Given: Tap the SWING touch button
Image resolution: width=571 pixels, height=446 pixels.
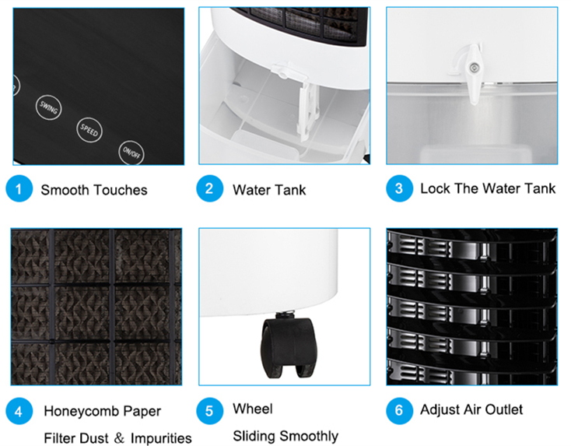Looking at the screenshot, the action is click(48, 107).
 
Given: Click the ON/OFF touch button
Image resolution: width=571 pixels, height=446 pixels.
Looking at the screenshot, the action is click(131, 153).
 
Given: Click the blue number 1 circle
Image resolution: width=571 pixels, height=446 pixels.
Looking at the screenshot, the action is click(19, 188).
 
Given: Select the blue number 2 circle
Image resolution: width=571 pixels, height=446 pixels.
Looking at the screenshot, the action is click(209, 188).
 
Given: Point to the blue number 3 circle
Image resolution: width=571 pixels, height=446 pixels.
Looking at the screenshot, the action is click(400, 188).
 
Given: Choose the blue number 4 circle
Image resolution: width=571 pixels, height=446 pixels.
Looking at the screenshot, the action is click(19, 411).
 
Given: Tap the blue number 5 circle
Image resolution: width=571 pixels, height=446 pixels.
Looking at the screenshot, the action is click(209, 411).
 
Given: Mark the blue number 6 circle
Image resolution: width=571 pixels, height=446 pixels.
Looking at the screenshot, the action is click(400, 411).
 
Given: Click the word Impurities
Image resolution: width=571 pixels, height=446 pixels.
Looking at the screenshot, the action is click(161, 438).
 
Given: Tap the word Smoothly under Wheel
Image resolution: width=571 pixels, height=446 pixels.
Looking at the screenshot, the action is click(309, 436).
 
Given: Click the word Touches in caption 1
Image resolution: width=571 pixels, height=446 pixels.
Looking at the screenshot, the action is click(121, 190).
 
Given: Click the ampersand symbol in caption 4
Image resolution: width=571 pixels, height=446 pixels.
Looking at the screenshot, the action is click(119, 438).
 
